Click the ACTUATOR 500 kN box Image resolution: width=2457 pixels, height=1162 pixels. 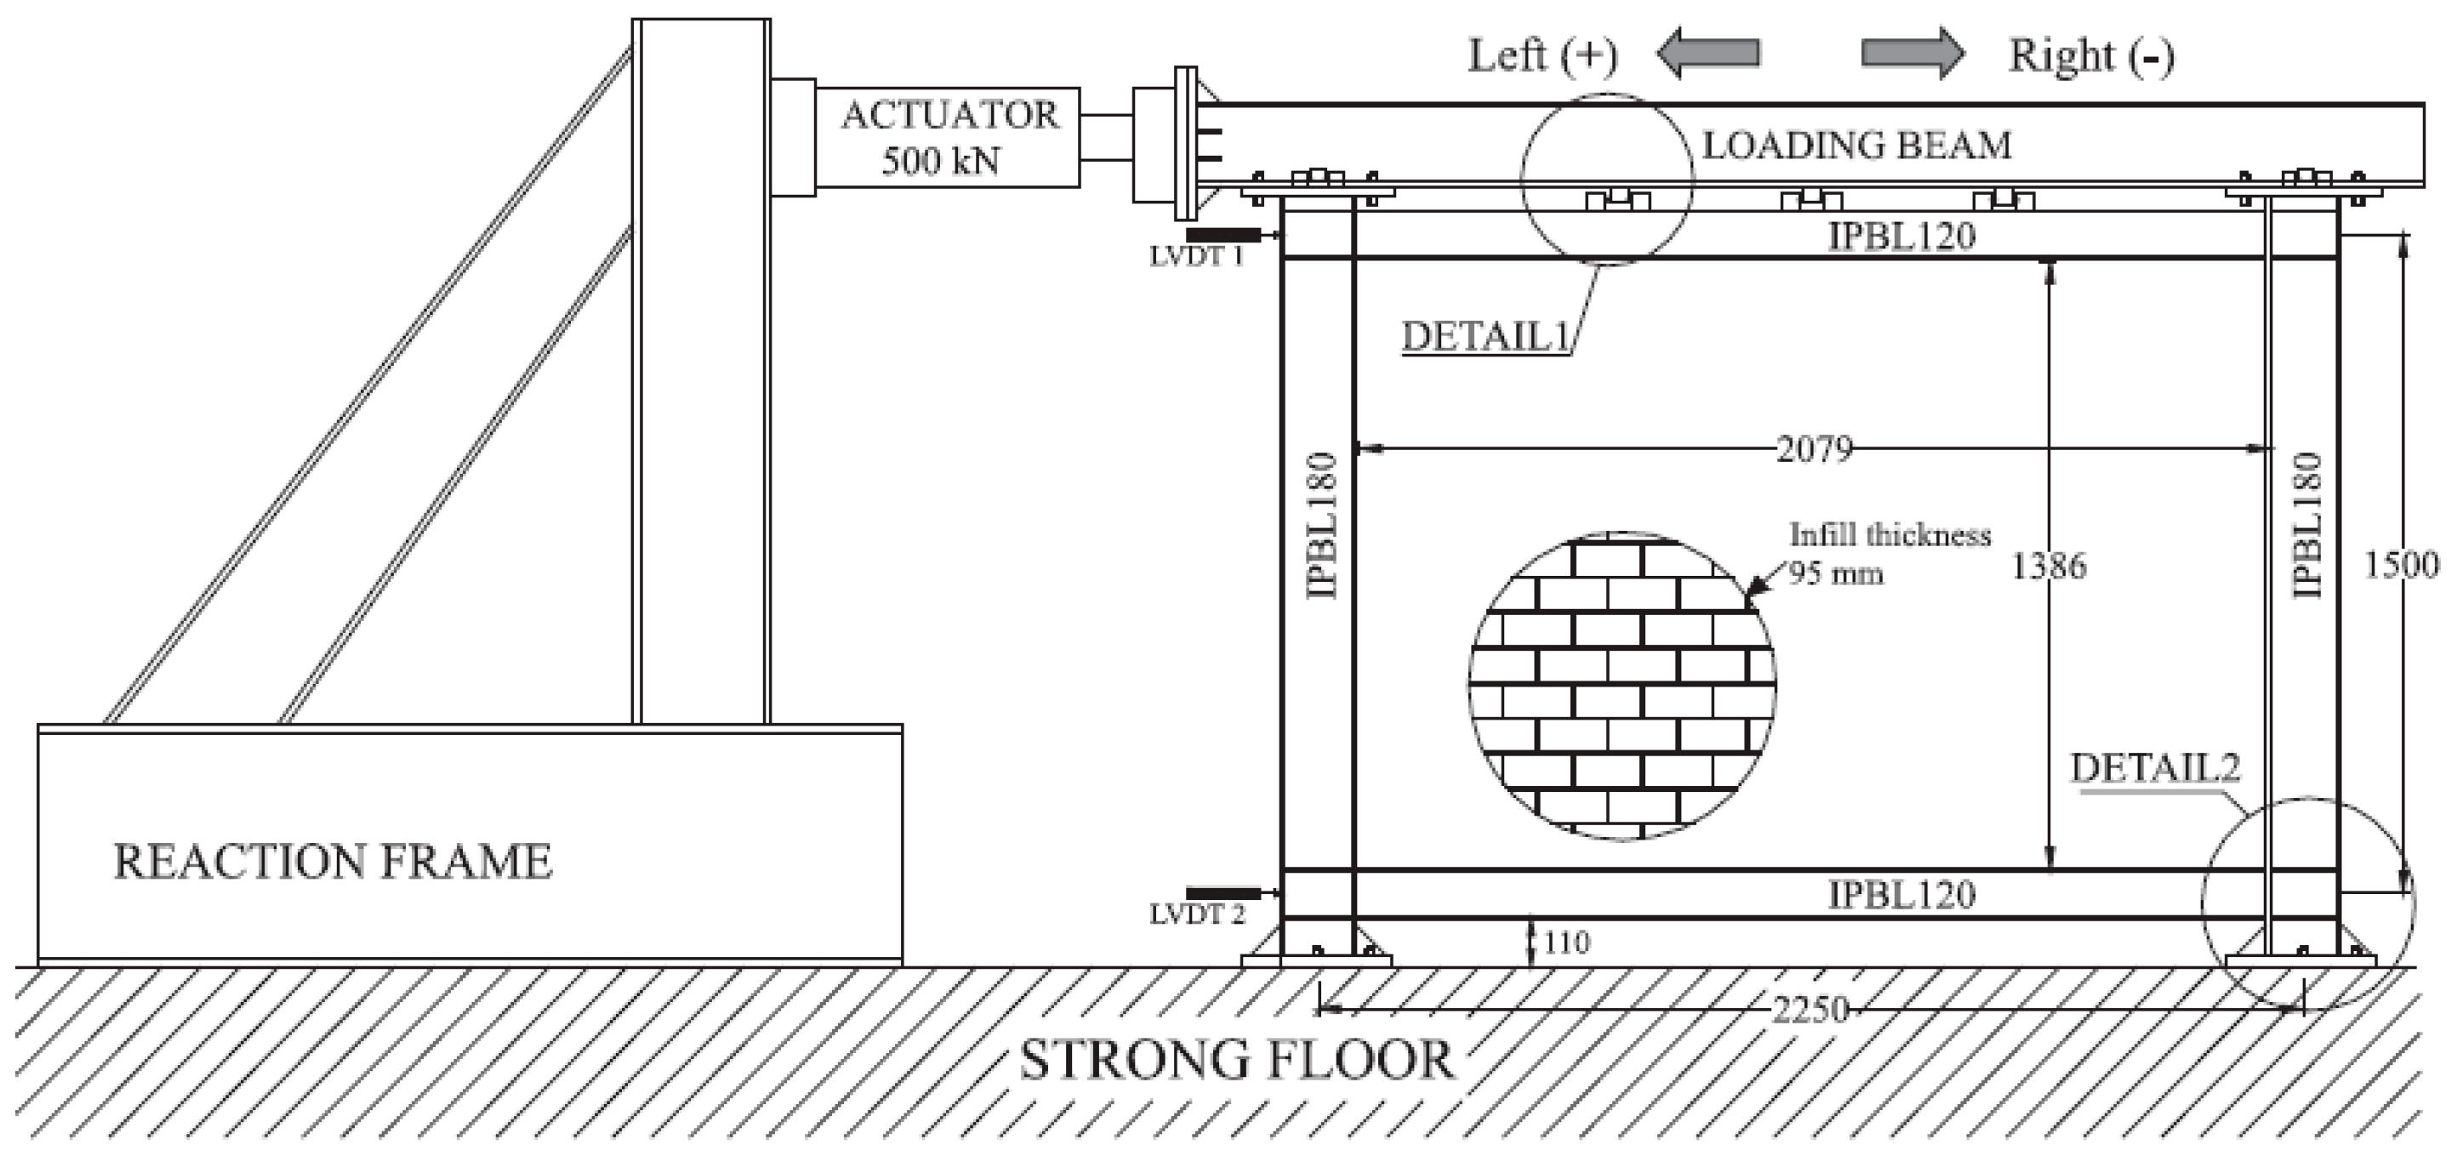coord(948,137)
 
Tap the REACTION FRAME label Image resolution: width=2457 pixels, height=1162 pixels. coord(333,861)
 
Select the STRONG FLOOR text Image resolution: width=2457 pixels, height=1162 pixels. coord(1237,1060)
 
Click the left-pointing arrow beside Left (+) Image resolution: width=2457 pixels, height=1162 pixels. coord(1707,53)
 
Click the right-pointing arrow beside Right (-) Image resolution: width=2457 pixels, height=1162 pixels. coord(1913,53)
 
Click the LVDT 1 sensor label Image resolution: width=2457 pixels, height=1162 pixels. coord(1196,257)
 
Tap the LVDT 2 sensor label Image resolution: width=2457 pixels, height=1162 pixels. coord(1196,915)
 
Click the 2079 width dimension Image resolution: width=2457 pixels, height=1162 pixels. coord(1813,448)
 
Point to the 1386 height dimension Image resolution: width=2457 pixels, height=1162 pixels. coord(2048,567)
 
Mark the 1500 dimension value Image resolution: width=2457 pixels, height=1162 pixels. coord(2400,566)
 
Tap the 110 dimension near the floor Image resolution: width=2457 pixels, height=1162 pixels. coord(1566,943)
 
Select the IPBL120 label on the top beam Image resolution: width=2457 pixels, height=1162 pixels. coord(1901,236)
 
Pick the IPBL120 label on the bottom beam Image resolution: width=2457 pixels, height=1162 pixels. coord(1901,895)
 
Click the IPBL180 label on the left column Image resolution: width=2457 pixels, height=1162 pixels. coord(1322,525)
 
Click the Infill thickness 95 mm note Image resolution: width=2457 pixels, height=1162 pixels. coord(1889,553)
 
